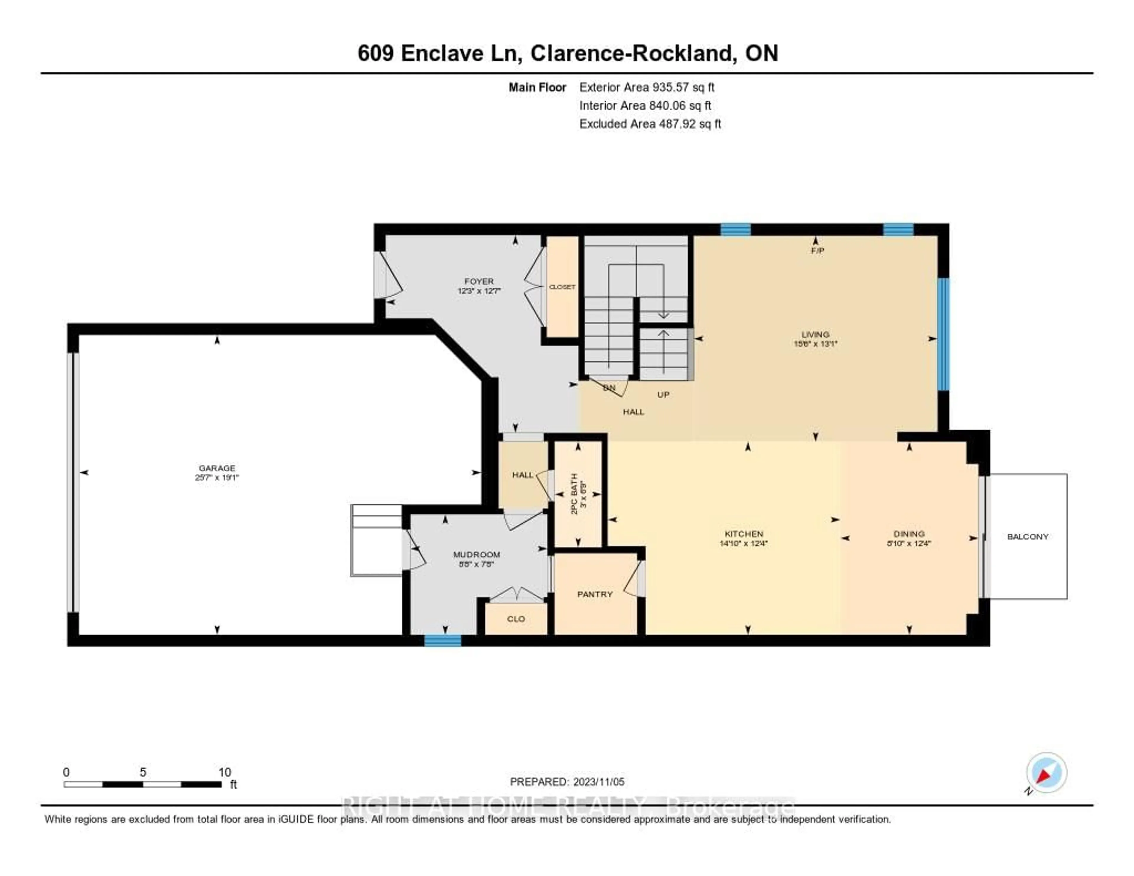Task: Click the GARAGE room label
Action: [x=217, y=468]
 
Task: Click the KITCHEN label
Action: [x=744, y=534]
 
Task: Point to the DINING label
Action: [x=909, y=534]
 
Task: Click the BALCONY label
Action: [x=1028, y=536]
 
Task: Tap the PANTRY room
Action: [x=595, y=594]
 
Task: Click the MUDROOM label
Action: [x=476, y=555]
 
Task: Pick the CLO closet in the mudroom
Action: [x=516, y=619]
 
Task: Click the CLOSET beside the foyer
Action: [x=562, y=286]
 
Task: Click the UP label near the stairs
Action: [x=663, y=395]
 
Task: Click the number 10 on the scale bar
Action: [x=224, y=772]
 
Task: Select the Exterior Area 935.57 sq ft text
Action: [x=646, y=87]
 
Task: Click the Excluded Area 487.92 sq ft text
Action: [x=650, y=123]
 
